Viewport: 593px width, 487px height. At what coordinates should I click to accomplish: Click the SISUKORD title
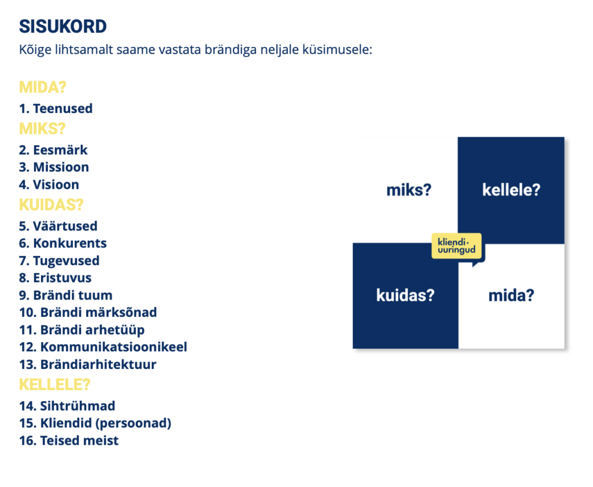point(63,27)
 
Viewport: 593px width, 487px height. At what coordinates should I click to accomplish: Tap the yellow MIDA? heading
point(43,87)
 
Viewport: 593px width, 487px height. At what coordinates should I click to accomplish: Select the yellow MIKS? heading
point(42,129)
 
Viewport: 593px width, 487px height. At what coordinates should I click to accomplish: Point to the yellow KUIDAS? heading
point(51,205)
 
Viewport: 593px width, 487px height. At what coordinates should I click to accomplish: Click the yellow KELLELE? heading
point(55,385)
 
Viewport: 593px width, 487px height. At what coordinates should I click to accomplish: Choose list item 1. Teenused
point(56,108)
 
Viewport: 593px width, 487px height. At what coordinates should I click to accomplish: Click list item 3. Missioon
point(54,167)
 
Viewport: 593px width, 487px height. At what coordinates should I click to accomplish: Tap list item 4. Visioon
point(49,185)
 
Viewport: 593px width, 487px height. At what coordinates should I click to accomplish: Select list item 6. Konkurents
point(63,243)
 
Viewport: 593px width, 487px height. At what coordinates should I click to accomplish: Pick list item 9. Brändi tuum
point(66,295)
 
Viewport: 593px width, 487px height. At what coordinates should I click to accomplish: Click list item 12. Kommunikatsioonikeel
point(103,347)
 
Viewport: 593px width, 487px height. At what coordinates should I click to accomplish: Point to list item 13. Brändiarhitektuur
point(88,364)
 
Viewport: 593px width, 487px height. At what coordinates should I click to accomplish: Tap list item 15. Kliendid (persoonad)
point(96,423)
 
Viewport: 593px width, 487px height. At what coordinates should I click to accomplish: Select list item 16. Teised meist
point(69,441)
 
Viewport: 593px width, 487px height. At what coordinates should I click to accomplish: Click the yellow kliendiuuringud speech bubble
point(457,246)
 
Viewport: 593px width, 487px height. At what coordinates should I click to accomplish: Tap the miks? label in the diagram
point(409,190)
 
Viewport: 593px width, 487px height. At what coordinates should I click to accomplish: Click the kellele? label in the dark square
point(511,190)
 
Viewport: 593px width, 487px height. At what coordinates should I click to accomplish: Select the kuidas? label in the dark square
point(405,295)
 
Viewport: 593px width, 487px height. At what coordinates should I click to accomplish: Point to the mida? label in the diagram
point(511,295)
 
